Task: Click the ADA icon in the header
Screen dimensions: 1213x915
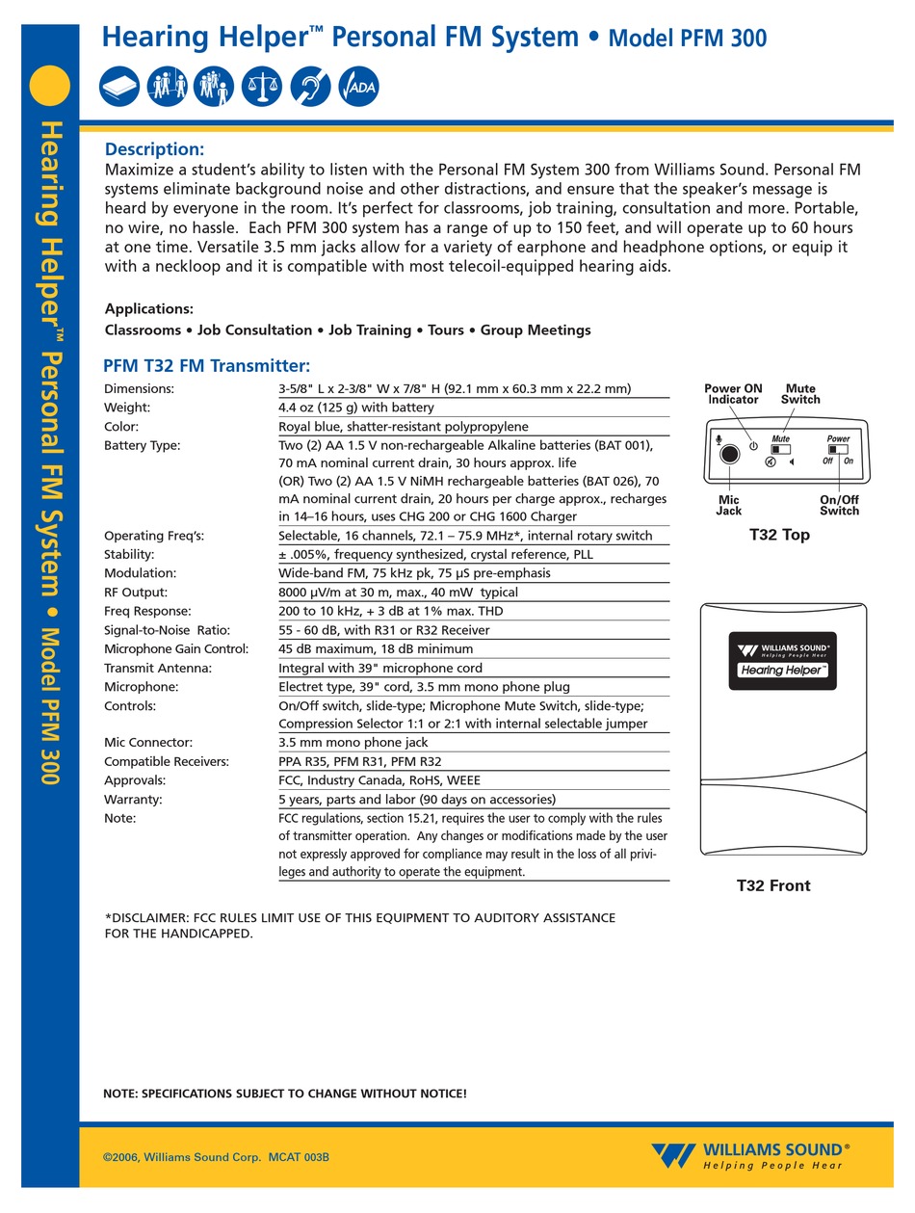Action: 359,88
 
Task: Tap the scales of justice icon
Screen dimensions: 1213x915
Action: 262,88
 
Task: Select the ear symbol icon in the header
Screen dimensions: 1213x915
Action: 310,88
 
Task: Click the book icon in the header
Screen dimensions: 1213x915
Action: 119,88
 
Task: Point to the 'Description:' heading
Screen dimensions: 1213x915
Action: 154,149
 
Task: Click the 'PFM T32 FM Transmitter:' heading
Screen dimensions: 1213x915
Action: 206,366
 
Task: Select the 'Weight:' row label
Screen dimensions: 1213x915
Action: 127,408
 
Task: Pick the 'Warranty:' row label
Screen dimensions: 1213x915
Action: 133,800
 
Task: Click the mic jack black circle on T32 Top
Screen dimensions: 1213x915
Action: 730,454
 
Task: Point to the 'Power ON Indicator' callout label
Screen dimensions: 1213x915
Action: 733,394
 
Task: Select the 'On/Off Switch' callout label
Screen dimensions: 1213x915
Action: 839,505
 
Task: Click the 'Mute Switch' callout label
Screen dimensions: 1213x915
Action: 800,394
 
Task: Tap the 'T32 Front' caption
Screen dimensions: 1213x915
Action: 773,885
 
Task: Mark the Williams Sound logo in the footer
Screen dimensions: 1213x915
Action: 750,1156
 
